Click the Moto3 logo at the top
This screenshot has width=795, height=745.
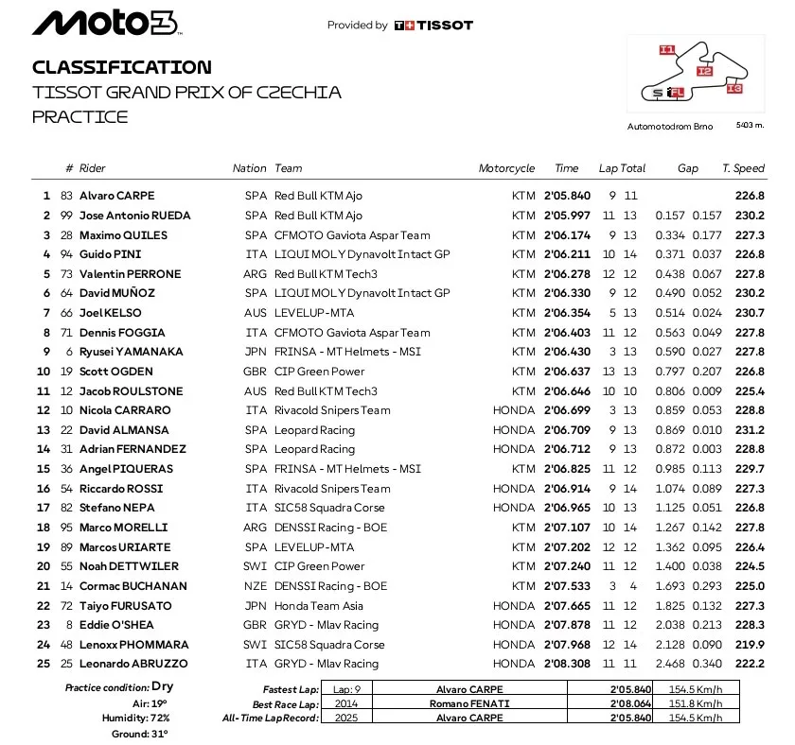click(104, 24)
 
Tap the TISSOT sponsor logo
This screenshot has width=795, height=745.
click(433, 26)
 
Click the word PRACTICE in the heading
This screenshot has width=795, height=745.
click(79, 116)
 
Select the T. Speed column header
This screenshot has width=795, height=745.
click(743, 168)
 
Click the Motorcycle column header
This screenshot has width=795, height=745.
click(506, 168)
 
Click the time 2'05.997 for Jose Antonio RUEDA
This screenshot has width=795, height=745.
click(566, 216)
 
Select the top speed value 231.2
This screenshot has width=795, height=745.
click(750, 430)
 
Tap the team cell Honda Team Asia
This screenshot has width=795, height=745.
click(314, 605)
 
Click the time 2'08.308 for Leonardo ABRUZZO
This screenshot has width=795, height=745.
click(566, 664)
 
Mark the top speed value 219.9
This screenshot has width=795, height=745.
click(750, 645)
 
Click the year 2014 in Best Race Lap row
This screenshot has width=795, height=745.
click(340, 703)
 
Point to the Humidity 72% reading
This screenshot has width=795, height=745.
click(137, 719)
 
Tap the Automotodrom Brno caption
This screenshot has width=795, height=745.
click(670, 126)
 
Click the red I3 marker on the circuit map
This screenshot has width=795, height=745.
click(734, 89)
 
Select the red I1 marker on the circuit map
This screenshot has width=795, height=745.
click(667, 49)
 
